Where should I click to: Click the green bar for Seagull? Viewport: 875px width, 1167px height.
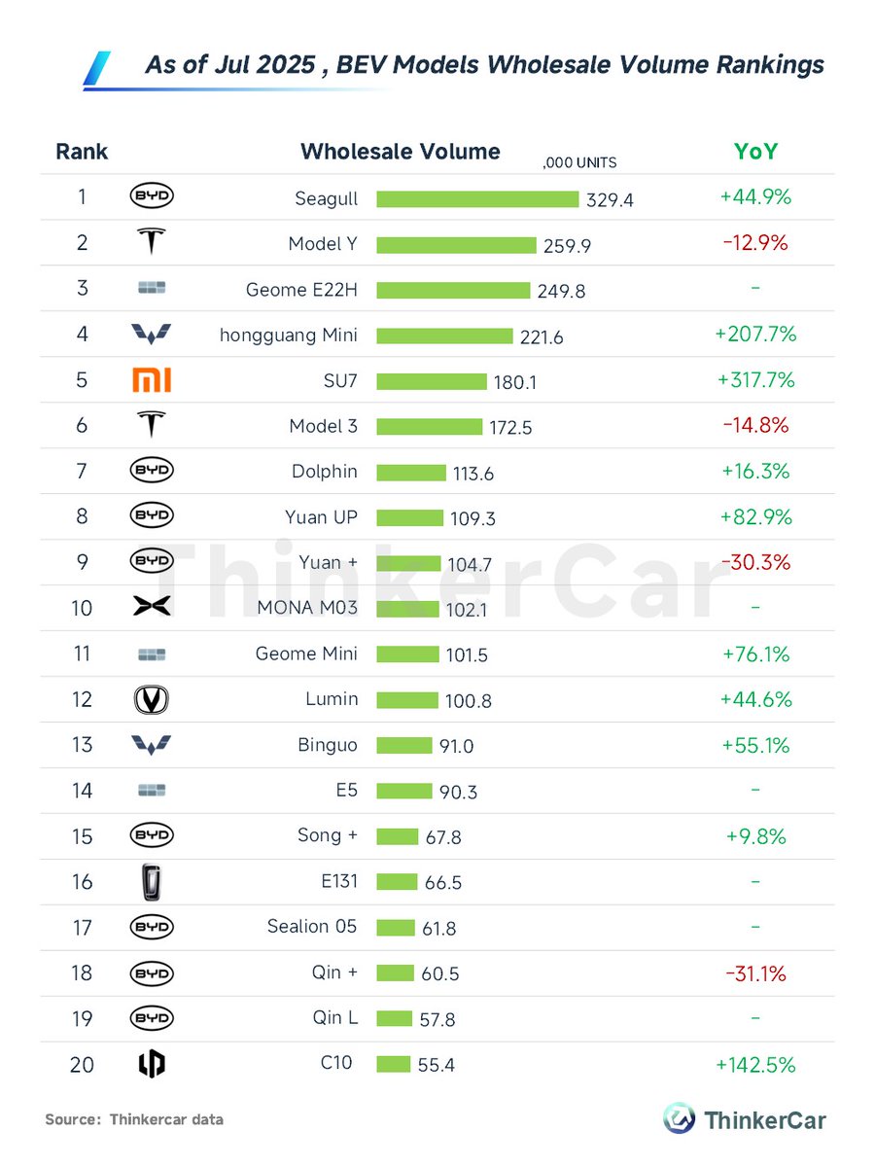[x=477, y=198]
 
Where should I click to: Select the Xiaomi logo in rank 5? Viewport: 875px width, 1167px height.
[x=151, y=380]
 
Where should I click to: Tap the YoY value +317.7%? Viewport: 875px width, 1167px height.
[x=755, y=379]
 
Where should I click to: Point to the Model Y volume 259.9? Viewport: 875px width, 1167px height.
[x=567, y=246]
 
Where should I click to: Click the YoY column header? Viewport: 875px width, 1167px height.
[x=755, y=152]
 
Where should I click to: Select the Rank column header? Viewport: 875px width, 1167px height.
[x=82, y=152]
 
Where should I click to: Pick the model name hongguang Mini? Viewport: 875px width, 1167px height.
[x=289, y=336]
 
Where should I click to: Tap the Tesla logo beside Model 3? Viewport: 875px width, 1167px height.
[x=151, y=425]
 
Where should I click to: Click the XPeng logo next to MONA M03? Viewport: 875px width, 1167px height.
[x=151, y=608]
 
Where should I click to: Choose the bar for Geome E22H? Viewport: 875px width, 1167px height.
[x=453, y=290]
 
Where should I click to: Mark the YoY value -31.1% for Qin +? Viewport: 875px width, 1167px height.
[x=754, y=973]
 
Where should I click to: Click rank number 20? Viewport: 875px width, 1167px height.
[x=82, y=1065]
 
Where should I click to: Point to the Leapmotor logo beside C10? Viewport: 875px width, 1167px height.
[x=151, y=1065]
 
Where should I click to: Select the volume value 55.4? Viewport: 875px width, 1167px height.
[x=436, y=1066]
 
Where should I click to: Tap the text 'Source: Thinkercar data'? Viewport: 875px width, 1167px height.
[x=134, y=1119]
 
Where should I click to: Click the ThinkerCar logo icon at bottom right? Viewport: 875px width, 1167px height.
[x=679, y=1118]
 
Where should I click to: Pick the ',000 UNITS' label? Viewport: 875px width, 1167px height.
[x=579, y=163]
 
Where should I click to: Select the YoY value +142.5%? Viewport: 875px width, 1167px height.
[x=755, y=1065]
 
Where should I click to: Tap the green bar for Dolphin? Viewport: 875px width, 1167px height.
[x=410, y=473]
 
